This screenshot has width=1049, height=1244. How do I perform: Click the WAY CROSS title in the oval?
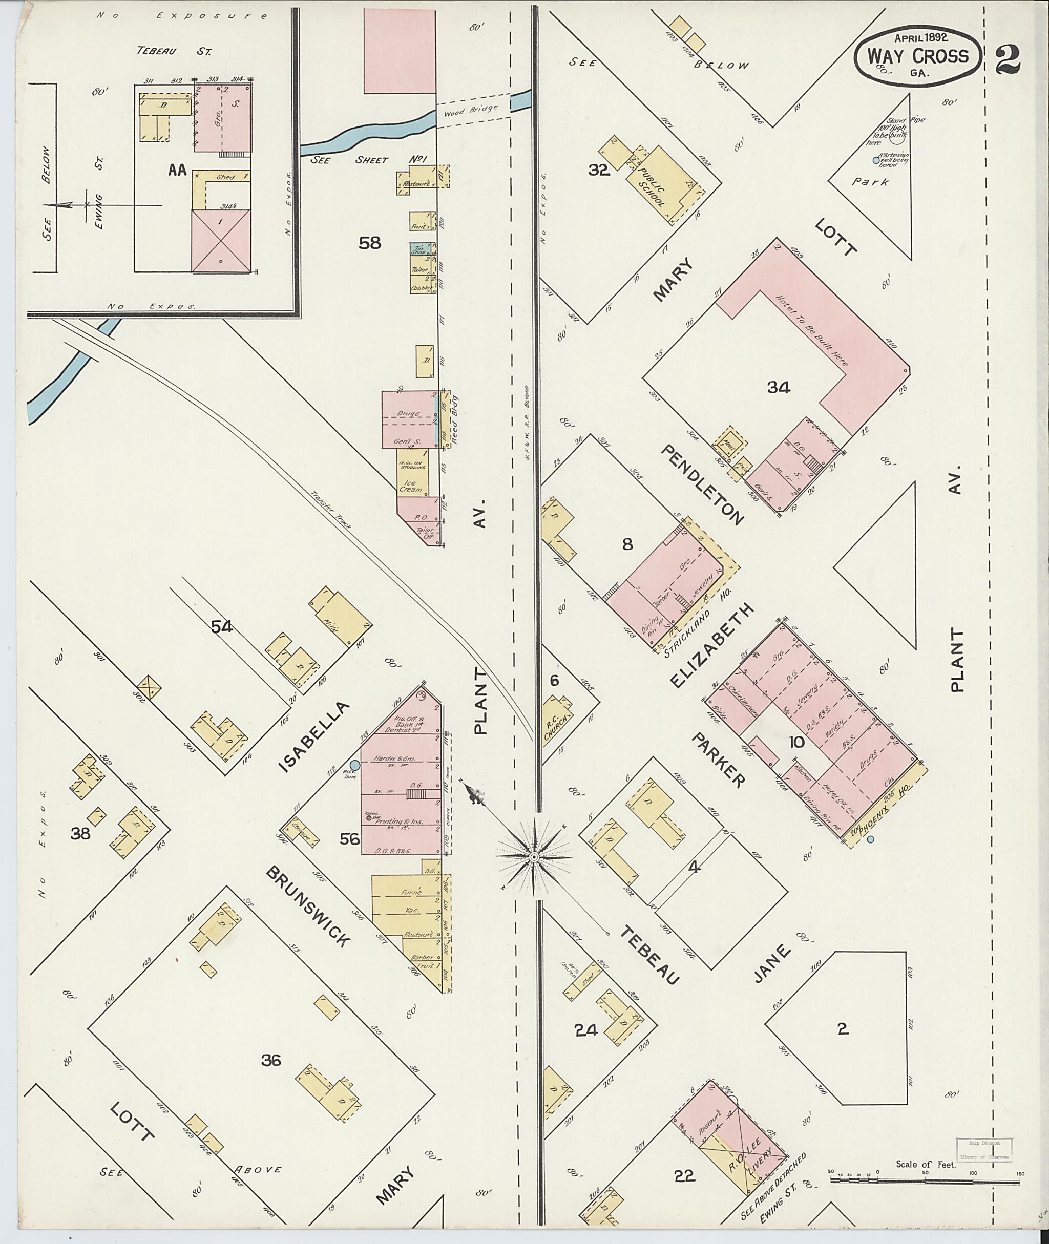point(917,56)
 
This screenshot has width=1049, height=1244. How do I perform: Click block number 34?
point(779,388)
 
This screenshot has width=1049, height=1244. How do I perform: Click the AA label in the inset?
point(177,171)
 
